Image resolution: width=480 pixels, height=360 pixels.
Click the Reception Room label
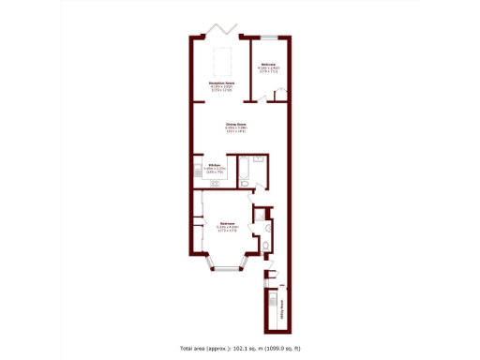(221, 86)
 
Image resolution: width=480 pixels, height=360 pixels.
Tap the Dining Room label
(235, 127)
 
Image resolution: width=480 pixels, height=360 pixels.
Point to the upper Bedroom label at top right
(268, 66)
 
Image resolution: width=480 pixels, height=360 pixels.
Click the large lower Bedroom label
(228, 225)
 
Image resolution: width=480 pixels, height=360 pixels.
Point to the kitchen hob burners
(200, 172)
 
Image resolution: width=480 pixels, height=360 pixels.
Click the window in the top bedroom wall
(266, 38)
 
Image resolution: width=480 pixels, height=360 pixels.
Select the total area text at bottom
(240, 348)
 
